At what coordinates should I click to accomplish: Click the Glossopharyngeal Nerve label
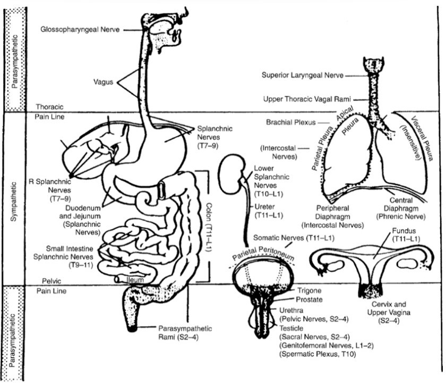tap(80, 30)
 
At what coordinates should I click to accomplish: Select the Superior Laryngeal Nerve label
tap(302, 76)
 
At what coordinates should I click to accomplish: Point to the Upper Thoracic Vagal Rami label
tap(308, 99)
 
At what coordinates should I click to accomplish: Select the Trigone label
tap(305, 290)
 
